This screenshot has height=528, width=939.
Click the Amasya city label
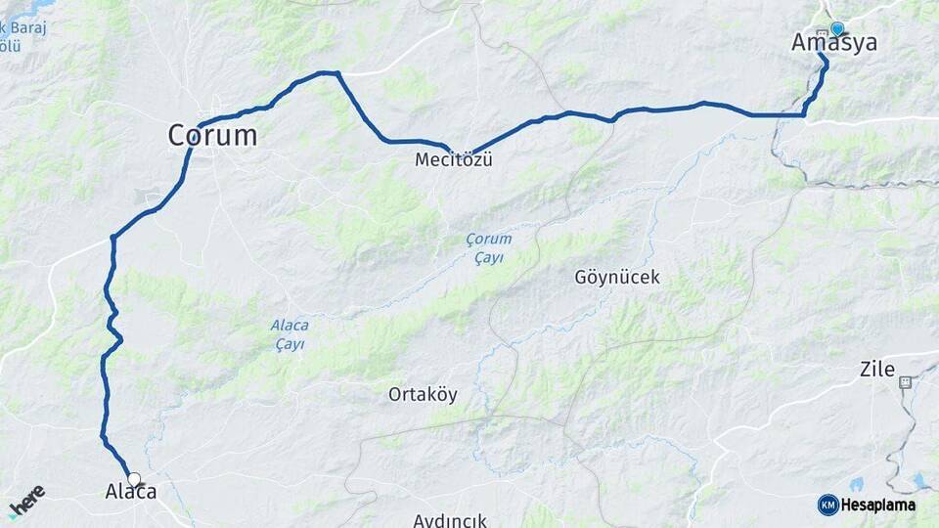tap(833, 43)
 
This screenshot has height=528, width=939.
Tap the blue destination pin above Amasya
tap(836, 29)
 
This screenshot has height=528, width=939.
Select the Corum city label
tap(212, 135)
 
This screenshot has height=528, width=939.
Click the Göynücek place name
tap(616, 278)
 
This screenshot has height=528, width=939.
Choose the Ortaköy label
tap(423, 395)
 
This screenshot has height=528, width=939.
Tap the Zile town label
tap(876, 370)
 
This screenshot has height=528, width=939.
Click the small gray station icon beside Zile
tap(906, 382)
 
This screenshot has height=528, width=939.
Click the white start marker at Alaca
tap(134, 480)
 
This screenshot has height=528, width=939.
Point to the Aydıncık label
tap(450, 520)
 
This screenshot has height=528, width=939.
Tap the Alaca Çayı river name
tap(290, 335)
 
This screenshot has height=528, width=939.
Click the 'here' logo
tap(26, 500)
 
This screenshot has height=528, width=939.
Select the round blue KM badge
tap(827, 505)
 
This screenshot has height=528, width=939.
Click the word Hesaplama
tap(878, 505)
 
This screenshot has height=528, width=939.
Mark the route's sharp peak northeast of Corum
tap(337, 72)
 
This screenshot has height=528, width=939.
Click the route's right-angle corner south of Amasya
tap(804, 114)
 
